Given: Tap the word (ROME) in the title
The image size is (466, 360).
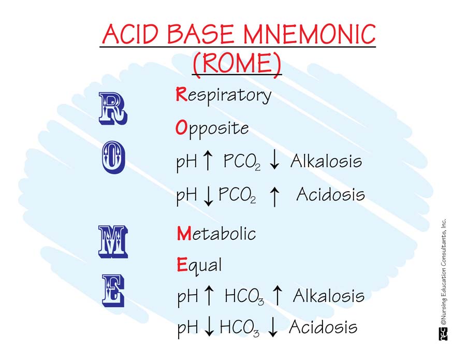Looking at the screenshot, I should click(x=237, y=63).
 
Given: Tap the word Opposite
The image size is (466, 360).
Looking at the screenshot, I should click(x=212, y=128).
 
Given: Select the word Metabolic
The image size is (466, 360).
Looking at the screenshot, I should click(x=216, y=234).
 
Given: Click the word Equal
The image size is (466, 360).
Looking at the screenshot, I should click(x=199, y=266).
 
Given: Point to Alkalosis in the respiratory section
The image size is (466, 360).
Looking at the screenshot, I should click(x=326, y=162).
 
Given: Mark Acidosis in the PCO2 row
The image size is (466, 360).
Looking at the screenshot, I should click(x=330, y=195).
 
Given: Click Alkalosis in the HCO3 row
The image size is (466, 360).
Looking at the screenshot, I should click(x=328, y=296).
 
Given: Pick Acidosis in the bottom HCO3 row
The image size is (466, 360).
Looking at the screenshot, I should click(x=323, y=327).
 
